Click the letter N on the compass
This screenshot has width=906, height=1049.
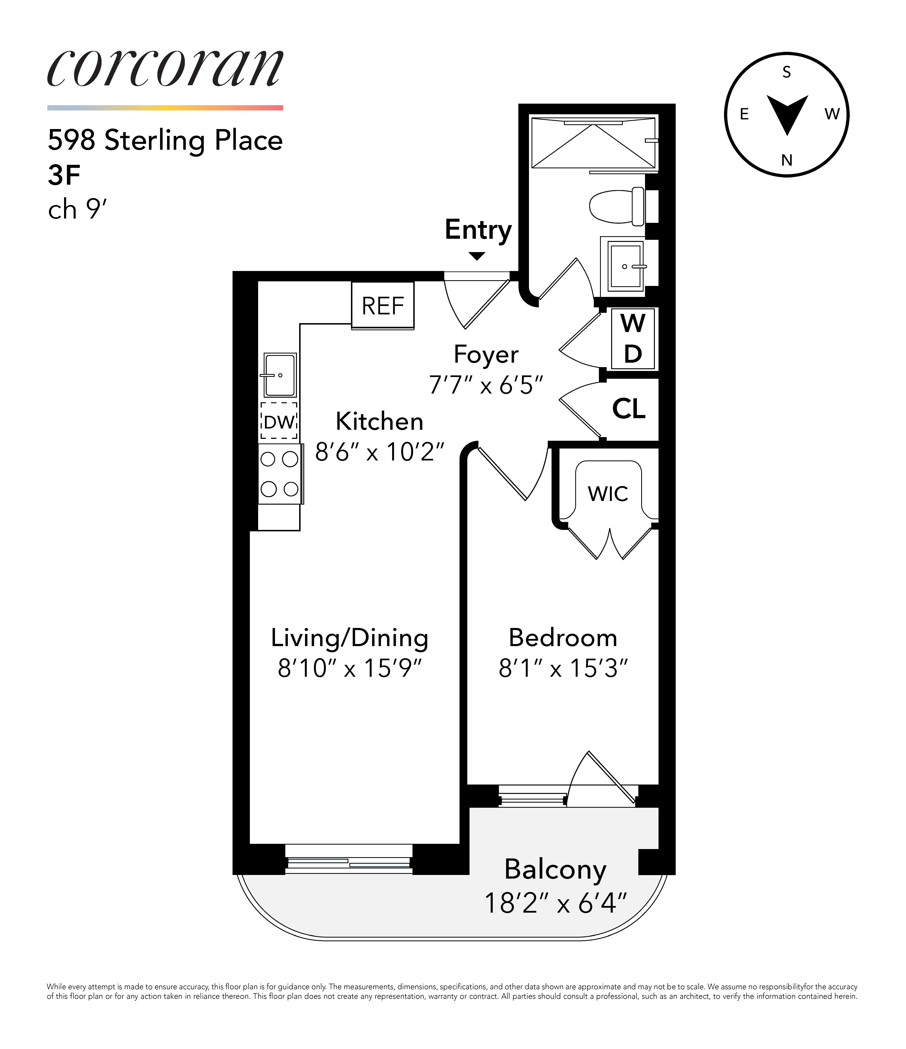tap(786, 161)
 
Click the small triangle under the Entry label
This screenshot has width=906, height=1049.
tap(477, 256)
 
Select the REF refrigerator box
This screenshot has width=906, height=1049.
tap(383, 305)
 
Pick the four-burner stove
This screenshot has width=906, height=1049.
tap(280, 474)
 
